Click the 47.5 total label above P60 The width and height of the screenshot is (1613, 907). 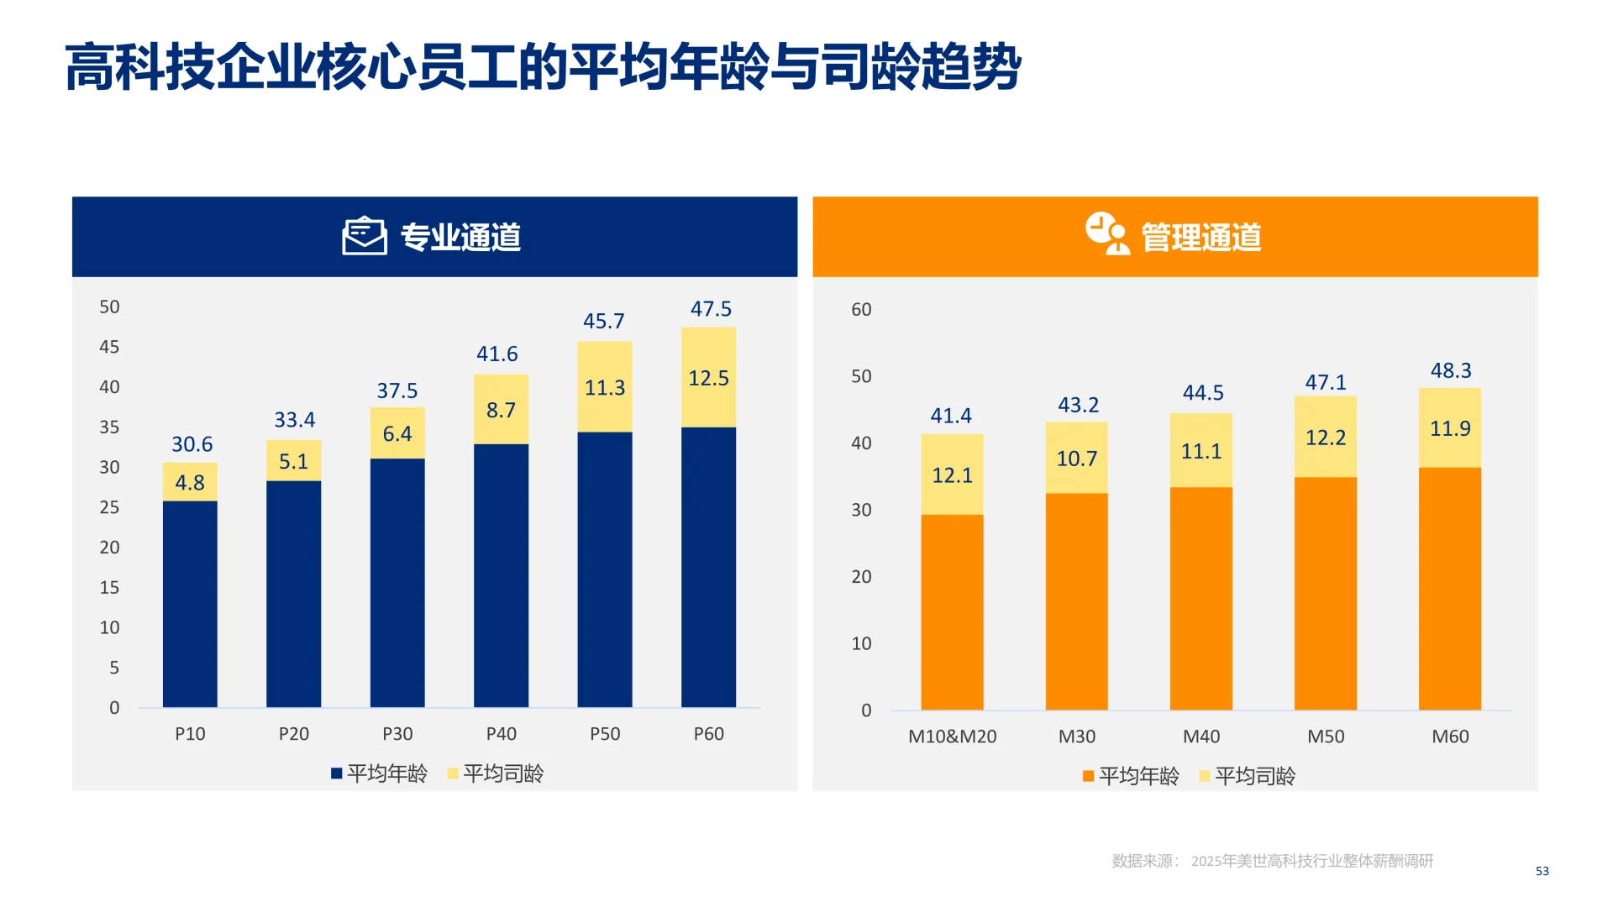click(711, 309)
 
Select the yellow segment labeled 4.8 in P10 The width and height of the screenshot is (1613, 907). click(190, 482)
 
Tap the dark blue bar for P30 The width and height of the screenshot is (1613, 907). click(397, 582)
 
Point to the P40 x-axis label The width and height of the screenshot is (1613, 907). click(502, 734)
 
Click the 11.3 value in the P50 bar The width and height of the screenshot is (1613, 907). click(605, 388)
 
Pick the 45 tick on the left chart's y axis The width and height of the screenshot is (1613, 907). click(109, 347)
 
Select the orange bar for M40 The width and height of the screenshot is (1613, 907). click(1201, 598)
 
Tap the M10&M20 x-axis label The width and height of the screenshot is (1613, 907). click(952, 737)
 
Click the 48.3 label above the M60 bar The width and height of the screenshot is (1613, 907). click(1451, 370)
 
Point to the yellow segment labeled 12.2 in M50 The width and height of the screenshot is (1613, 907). click(1325, 438)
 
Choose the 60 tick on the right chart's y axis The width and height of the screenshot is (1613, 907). click(861, 309)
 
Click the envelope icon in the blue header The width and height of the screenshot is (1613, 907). click(364, 236)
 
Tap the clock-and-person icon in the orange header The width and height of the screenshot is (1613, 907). click(1106, 233)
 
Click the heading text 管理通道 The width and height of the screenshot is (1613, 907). click(1201, 238)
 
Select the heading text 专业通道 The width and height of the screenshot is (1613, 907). click(460, 238)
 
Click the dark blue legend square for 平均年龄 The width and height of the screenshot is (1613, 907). click(336, 773)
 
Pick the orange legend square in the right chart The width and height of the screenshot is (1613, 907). click(1088, 776)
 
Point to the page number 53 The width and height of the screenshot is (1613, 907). click(1542, 871)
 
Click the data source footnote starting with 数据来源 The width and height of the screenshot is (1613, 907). click(1272, 861)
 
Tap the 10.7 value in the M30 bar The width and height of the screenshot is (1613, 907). click(1076, 459)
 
